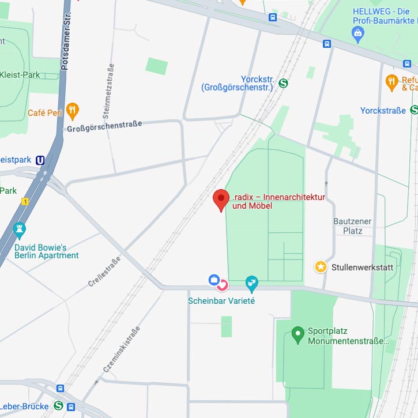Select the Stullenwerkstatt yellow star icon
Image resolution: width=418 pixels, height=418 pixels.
coord(321,266)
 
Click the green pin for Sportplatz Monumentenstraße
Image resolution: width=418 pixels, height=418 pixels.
coord(298,333)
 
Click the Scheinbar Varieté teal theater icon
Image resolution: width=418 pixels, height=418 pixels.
coord(251,283)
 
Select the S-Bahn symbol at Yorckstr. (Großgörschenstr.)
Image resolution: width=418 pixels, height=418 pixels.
coord(283,83)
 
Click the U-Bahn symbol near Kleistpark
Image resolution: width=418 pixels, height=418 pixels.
coord(40,160)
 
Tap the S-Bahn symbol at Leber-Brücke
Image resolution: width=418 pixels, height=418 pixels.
coord(58,406)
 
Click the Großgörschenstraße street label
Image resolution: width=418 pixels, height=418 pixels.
coord(104,126)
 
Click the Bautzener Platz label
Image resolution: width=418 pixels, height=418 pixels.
coord(352,226)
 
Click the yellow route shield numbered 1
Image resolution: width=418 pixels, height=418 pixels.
coord(25,201)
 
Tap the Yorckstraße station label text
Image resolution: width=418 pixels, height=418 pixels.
coord(383,110)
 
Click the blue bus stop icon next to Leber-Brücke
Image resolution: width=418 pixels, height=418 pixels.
coord(71,407)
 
